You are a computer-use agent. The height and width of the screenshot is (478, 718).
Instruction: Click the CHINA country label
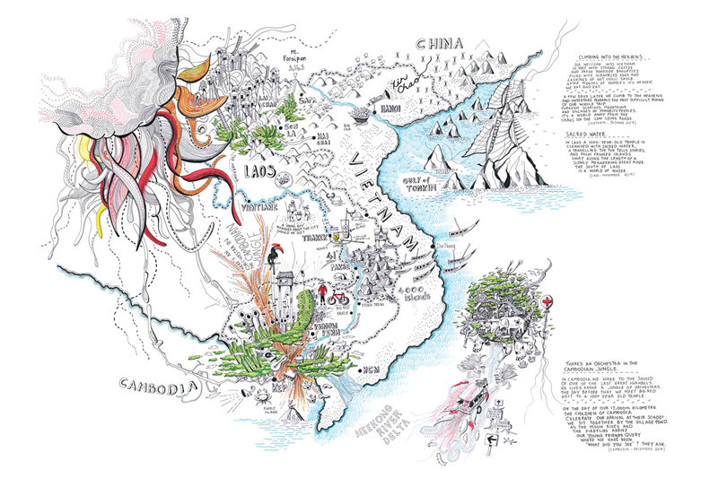pyautogui.click(x=437, y=45)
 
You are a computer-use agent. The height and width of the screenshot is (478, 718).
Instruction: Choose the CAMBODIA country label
pyautogui.click(x=157, y=387)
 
